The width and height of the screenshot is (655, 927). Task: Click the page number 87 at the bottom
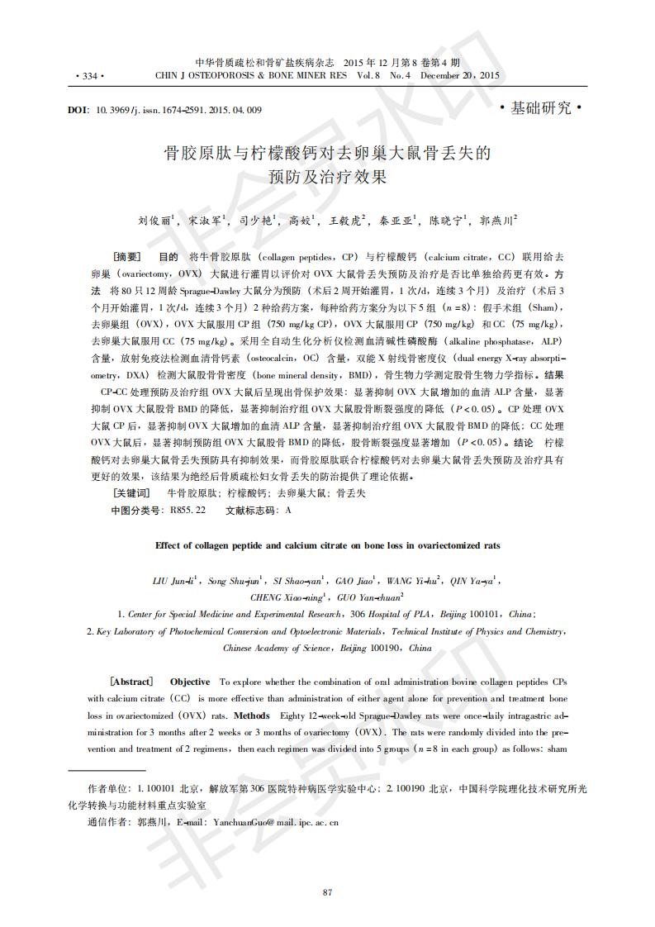327,891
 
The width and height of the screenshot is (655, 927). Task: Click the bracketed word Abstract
131,682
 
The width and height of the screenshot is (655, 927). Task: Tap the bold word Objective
190,682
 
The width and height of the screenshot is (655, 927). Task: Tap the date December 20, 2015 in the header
460,76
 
